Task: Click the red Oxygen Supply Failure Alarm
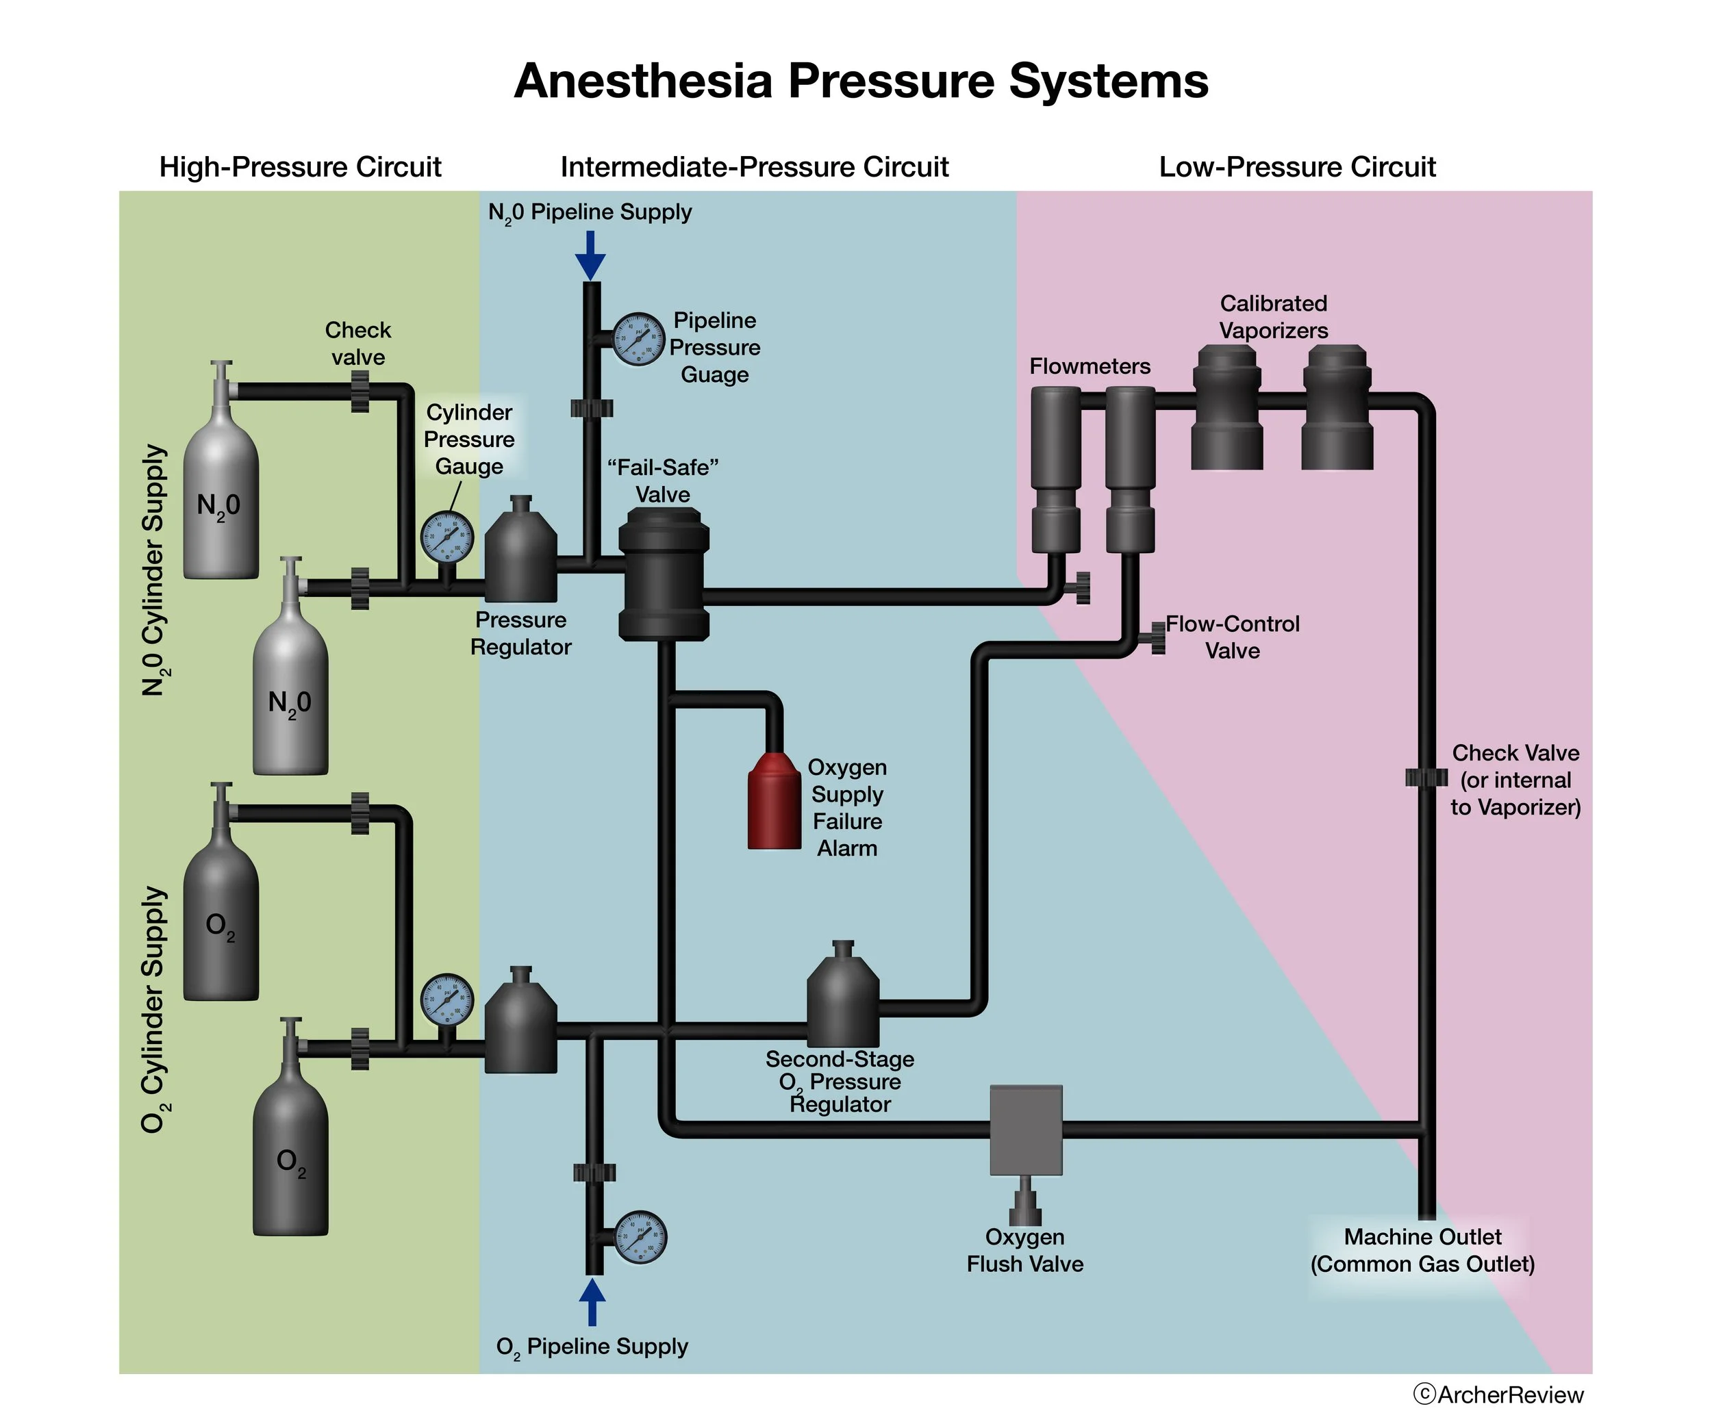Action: click(x=774, y=802)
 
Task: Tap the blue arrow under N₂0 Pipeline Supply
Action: click(x=590, y=256)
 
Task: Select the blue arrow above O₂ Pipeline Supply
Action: click(x=592, y=1301)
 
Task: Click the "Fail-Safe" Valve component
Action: click(x=664, y=574)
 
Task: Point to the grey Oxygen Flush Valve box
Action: click(x=1026, y=1130)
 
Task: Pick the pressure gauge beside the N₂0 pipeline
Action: click(x=638, y=339)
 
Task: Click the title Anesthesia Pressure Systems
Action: click(x=860, y=81)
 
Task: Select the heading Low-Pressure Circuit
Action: click(x=1296, y=167)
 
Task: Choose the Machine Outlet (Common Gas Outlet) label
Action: click(x=1422, y=1250)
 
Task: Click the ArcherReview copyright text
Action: click(x=1498, y=1395)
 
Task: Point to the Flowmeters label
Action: click(x=1089, y=366)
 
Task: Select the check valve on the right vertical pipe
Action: click(x=1426, y=778)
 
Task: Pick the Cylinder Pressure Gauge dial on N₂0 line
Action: click(x=446, y=537)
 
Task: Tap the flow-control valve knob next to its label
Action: click(x=1157, y=637)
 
